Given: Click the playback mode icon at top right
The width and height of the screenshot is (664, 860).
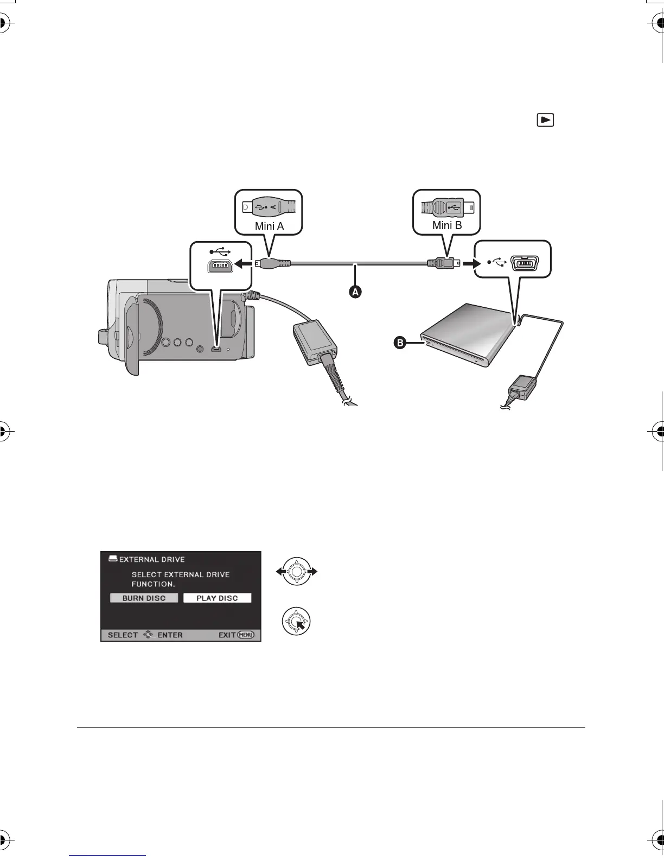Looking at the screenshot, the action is coord(545,120).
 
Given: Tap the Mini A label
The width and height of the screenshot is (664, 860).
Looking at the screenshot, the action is coord(270,226).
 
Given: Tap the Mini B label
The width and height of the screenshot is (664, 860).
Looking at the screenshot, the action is coord(447,225).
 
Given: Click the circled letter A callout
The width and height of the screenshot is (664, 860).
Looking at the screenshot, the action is coord(354,292).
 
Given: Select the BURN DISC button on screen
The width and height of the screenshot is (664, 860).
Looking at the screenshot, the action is coord(144,598).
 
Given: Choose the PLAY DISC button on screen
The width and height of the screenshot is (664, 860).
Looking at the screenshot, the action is coord(217,598).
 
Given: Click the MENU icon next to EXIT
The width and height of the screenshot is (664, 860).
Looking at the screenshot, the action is coord(245,635).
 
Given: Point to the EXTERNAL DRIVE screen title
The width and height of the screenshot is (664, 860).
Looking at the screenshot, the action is coord(152,559).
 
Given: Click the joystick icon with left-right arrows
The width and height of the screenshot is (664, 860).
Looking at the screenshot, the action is coord(296,571).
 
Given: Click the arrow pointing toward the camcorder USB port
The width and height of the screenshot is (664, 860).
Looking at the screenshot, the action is coord(246,264).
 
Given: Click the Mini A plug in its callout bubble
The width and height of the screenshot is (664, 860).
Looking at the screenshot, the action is coord(269,207).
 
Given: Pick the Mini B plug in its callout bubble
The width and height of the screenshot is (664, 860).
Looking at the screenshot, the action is coord(446,207).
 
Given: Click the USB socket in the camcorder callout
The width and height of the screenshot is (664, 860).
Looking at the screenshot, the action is coord(220,267).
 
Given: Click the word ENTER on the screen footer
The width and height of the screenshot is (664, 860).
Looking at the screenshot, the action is coord(170,635).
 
